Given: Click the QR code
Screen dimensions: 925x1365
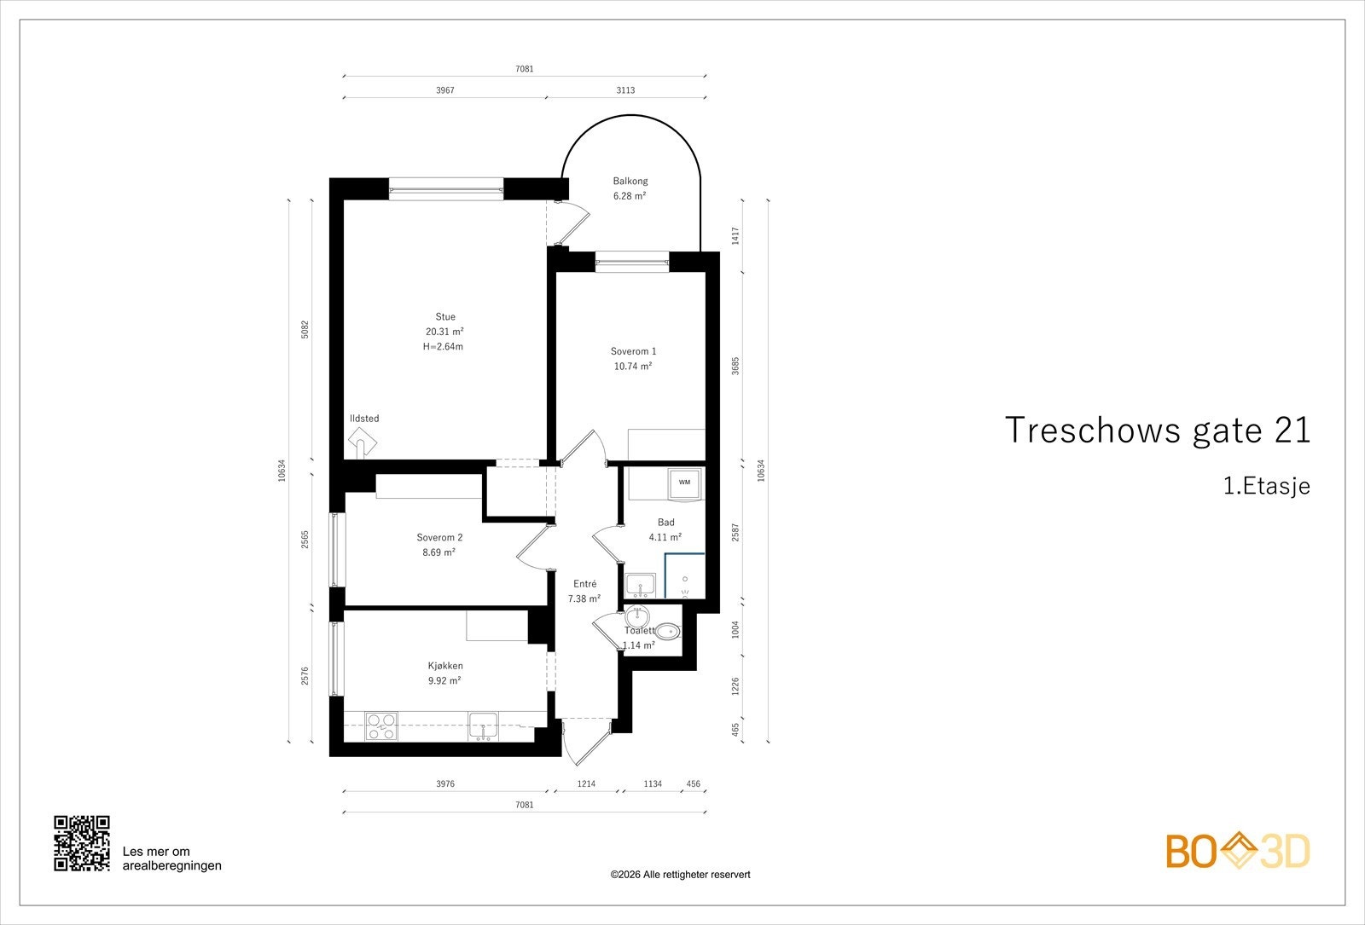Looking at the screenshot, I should point(82,843).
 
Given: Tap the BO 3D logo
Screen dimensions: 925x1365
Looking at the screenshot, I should point(1237,851).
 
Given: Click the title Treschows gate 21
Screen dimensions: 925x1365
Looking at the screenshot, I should point(1158,431).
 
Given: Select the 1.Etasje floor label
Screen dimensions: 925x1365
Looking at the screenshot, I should point(1266,487).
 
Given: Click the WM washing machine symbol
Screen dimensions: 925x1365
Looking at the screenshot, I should point(684,483).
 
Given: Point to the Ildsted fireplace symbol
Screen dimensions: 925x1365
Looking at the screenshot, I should point(362,442).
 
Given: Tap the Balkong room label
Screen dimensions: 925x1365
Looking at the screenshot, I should point(630,181).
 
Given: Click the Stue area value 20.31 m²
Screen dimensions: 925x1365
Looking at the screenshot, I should point(444,332).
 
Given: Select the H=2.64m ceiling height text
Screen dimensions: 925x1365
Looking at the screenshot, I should point(443,347).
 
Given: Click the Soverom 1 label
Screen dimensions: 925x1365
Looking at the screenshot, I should point(633,351).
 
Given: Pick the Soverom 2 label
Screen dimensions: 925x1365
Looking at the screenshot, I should point(439,537).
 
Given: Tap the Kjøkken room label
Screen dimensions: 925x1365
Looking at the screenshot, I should point(445,666).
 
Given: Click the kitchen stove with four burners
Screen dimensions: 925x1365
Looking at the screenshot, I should point(380,726).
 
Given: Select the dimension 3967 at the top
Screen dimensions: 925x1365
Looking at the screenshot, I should point(444,90).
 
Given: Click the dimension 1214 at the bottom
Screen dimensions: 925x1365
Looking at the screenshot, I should point(586,783).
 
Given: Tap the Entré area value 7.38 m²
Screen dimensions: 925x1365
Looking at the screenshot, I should point(584,598).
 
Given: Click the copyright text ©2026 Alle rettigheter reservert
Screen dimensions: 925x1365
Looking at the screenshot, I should point(680,875).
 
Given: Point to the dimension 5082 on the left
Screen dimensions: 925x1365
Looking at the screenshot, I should point(305,330).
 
